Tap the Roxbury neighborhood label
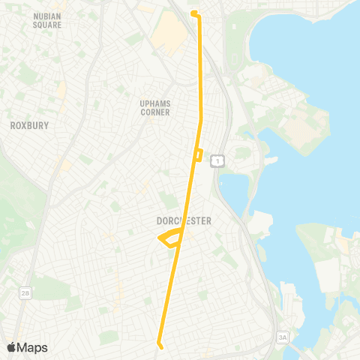click(28, 126)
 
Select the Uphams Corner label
click(154, 107)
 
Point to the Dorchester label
click(184, 221)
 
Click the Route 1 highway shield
click(217, 160)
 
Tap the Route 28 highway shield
click(25, 292)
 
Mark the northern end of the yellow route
click(193, 13)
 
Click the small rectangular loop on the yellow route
click(198, 155)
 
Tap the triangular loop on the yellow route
click(170, 238)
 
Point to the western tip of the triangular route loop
click(158, 239)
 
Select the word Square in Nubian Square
click(47, 25)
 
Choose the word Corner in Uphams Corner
click(154, 112)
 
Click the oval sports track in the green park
click(238, 57)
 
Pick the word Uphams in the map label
click(154, 103)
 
